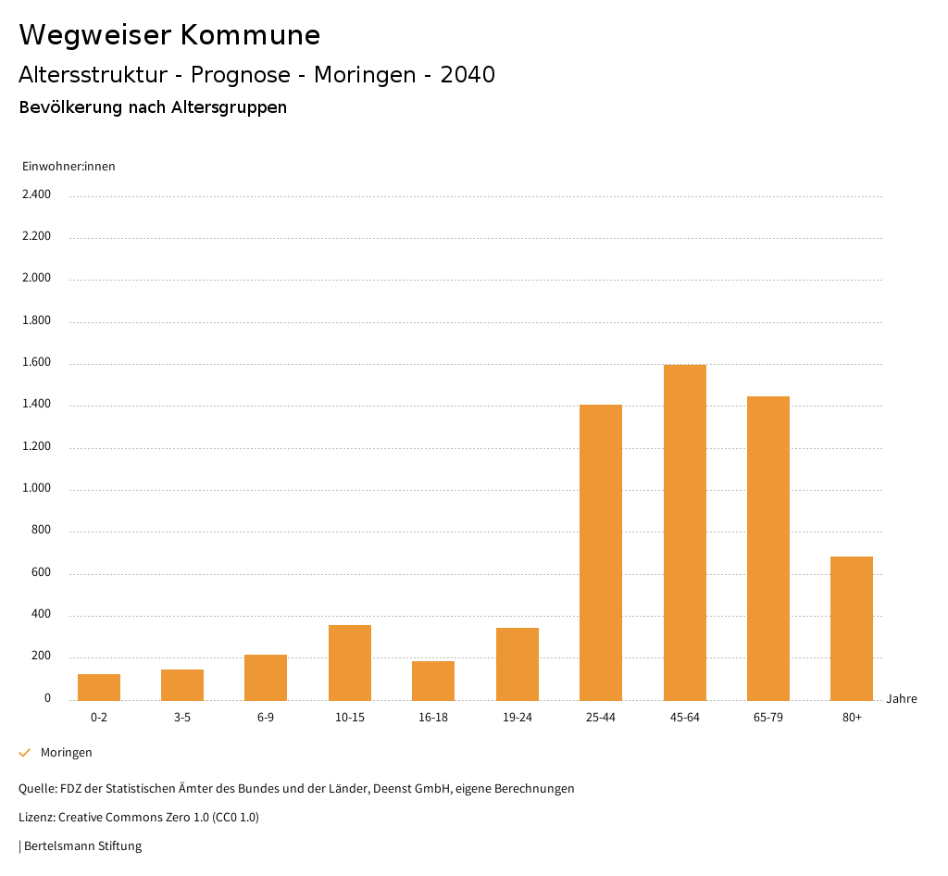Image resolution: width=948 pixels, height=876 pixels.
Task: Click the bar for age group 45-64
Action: (684, 532)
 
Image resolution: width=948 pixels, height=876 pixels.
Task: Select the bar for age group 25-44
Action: (601, 552)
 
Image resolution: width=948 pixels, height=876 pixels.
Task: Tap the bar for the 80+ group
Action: (852, 628)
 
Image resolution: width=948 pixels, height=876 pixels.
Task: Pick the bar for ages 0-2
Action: (99, 687)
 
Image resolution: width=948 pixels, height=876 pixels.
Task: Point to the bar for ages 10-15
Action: (350, 662)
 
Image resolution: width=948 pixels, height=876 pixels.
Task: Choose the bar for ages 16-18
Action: (433, 681)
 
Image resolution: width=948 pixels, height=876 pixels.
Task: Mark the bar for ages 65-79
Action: (768, 548)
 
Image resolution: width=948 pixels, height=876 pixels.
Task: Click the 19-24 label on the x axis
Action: (517, 718)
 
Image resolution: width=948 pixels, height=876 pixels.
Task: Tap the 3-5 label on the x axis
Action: (182, 718)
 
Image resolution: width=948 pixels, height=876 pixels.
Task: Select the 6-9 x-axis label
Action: (266, 718)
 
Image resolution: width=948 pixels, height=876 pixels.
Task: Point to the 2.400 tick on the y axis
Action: (36, 194)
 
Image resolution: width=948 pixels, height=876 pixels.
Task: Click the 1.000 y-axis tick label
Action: (36, 489)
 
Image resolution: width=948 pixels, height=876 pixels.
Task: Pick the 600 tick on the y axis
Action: (41, 573)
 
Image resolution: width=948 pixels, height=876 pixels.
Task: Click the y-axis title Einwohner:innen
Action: (69, 167)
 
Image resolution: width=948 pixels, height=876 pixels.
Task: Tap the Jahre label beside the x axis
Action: (901, 699)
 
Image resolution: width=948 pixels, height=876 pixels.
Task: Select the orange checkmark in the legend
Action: (25, 753)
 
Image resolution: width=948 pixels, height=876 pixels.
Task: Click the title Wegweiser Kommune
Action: (169, 35)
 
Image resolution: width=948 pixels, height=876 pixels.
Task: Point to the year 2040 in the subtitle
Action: (468, 75)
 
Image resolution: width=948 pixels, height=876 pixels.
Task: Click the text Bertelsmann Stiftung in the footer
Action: (82, 845)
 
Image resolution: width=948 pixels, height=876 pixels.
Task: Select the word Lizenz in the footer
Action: (36, 818)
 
